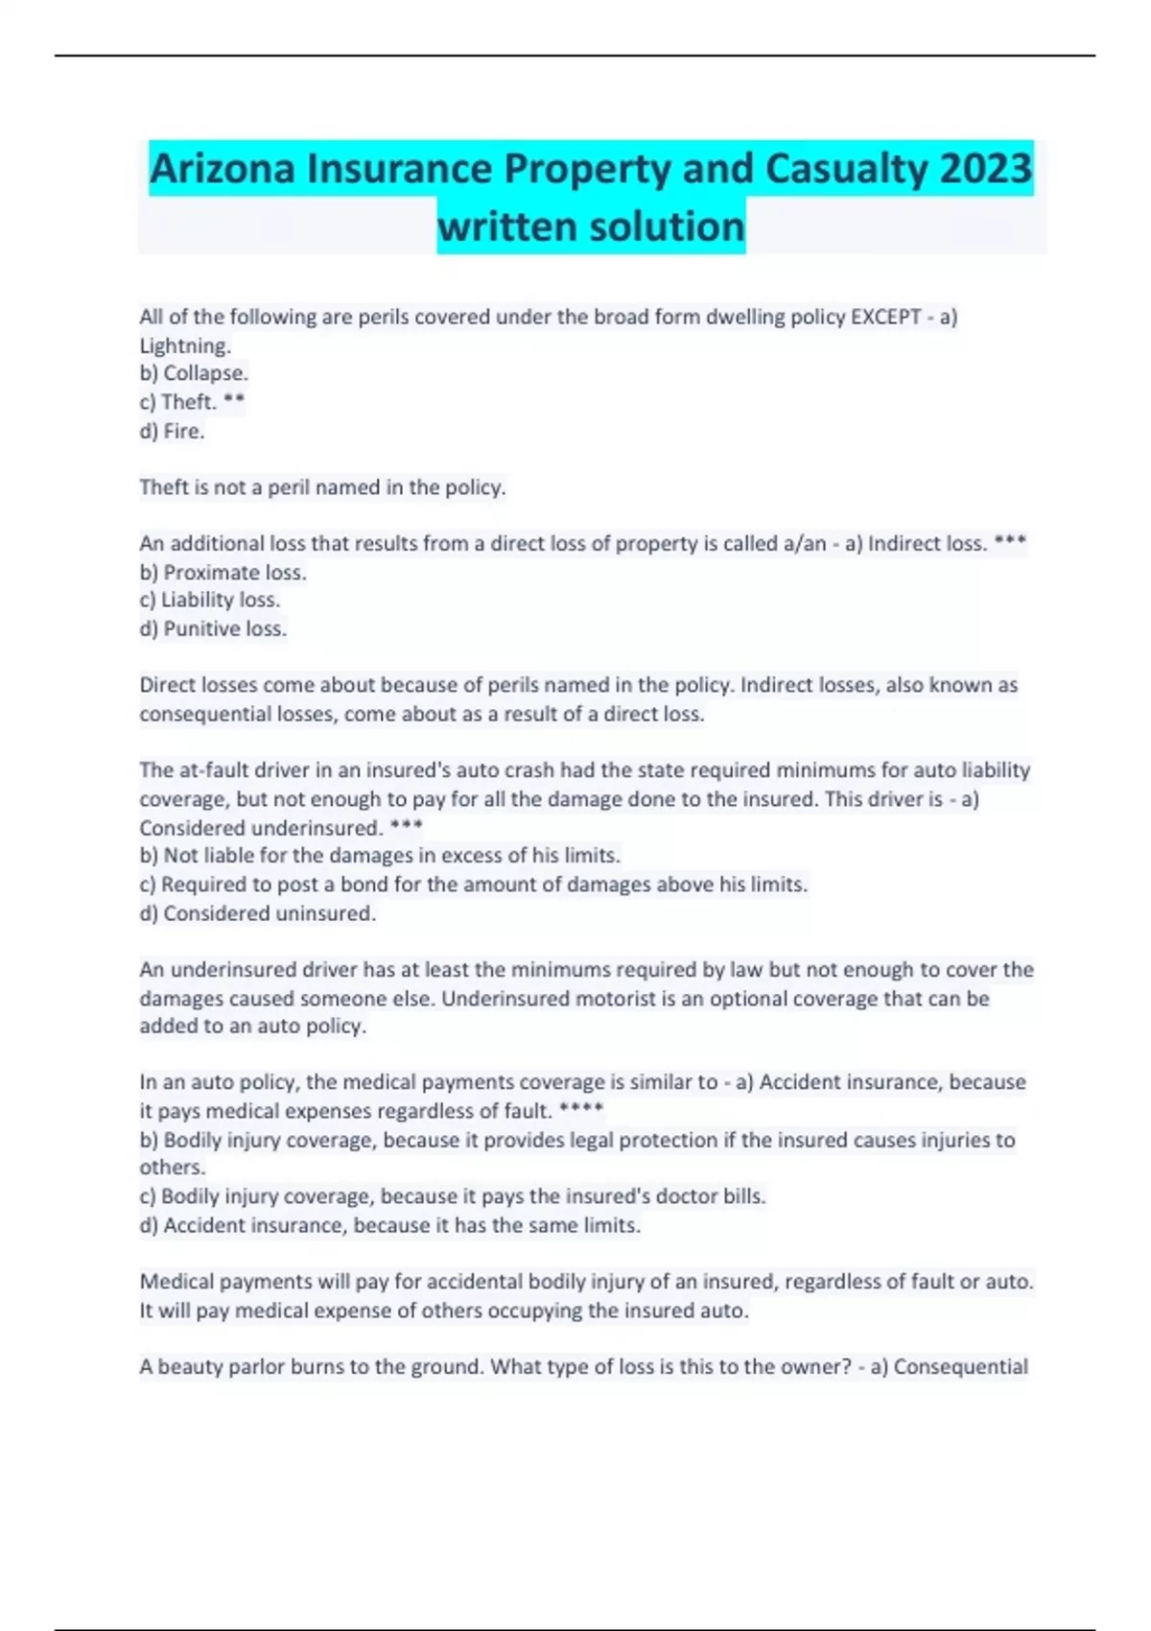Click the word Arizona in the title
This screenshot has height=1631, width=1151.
click(x=223, y=169)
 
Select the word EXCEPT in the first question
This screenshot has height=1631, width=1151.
click(x=885, y=318)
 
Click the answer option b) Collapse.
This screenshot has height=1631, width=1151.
click(x=194, y=373)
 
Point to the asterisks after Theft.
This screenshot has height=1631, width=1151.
click(x=234, y=401)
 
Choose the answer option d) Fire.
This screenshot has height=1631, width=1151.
click(x=173, y=431)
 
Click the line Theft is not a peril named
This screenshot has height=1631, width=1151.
click(x=322, y=487)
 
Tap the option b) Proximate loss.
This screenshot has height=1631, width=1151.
click(x=223, y=573)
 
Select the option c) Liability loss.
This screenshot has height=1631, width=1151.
click(x=210, y=600)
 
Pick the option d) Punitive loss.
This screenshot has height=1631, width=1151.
click(x=213, y=628)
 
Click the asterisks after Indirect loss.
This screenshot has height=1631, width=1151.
click(x=1010, y=542)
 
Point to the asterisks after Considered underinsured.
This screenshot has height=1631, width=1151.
click(x=406, y=826)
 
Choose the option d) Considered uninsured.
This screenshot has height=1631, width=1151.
click(x=258, y=913)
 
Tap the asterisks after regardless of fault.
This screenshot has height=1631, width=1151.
click(x=580, y=1110)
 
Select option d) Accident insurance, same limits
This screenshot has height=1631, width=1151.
click(x=390, y=1225)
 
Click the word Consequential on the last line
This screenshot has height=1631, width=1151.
click(x=960, y=1367)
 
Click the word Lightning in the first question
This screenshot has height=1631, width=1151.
click(x=185, y=345)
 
